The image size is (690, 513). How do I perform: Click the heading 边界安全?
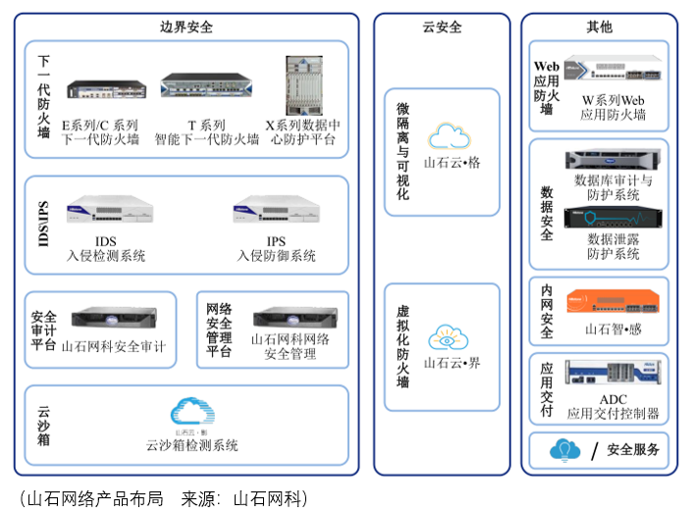(186, 27)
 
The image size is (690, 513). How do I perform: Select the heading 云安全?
(441, 27)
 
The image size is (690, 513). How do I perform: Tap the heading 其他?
(598, 27)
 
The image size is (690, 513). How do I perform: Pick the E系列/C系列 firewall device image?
(101, 89)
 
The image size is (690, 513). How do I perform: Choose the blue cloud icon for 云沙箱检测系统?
(191, 411)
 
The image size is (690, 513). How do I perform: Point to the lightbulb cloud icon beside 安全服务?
(564, 450)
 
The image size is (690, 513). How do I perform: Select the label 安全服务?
(633, 451)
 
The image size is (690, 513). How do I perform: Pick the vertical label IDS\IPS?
(43, 225)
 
